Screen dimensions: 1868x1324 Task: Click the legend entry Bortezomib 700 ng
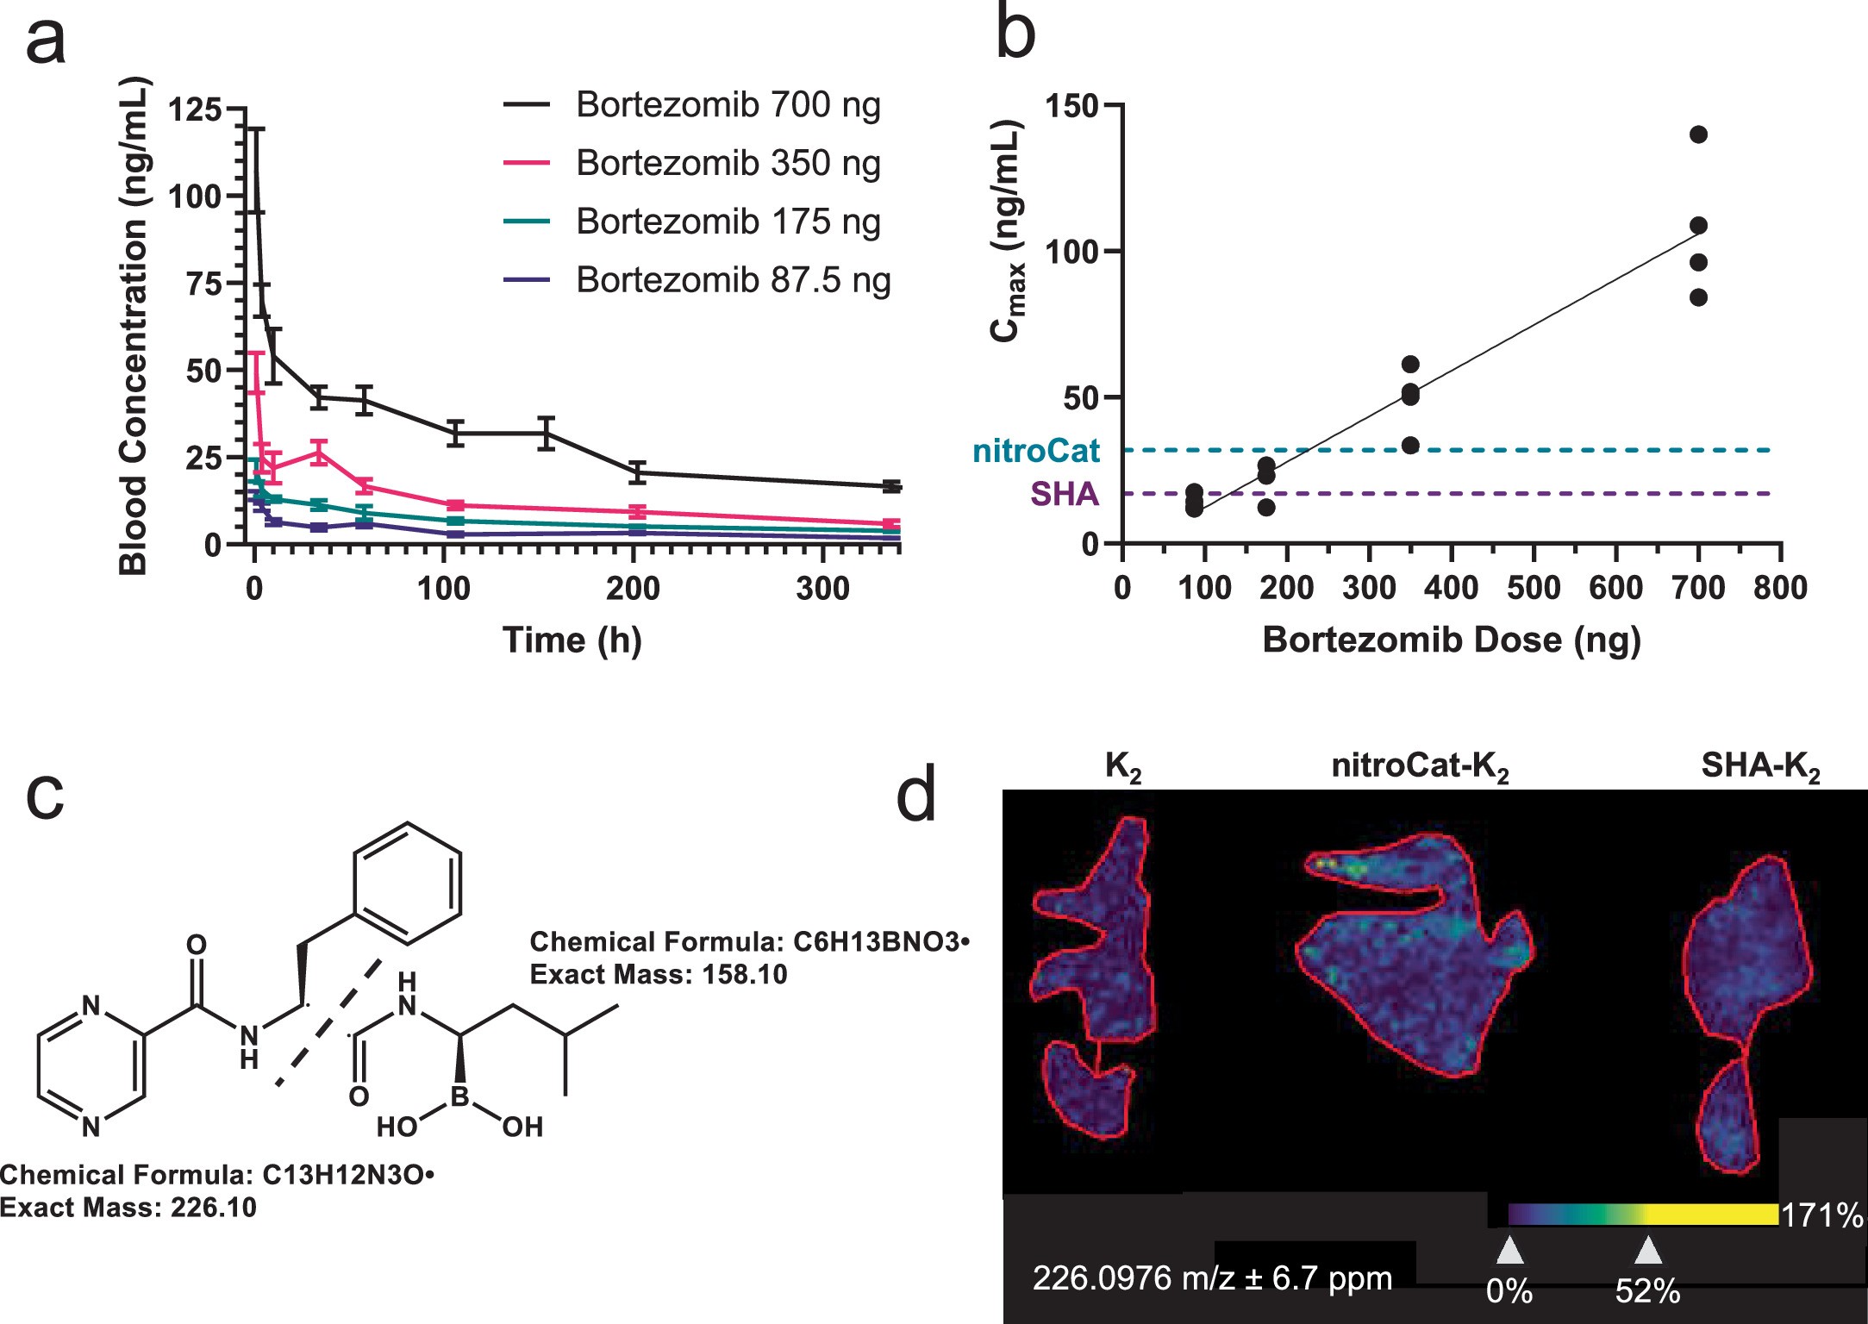pos(728,105)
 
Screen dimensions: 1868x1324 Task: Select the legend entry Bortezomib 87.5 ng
pos(733,280)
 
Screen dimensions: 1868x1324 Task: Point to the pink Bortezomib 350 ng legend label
pos(728,163)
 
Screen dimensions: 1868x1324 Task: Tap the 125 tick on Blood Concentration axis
pos(195,110)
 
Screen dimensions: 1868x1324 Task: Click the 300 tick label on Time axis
pos(823,589)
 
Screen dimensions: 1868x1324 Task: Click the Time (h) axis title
pos(572,640)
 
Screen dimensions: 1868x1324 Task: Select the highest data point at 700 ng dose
pos(1698,134)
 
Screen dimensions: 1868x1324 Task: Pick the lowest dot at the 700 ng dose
pos(1698,297)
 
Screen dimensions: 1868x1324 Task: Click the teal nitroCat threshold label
pos(1036,451)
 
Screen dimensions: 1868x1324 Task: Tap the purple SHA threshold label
pos(1065,494)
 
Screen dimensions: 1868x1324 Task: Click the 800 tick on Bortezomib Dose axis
pos(1780,589)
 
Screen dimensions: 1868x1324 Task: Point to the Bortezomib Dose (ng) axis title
pos(1452,640)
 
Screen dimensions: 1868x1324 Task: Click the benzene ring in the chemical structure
pos(407,883)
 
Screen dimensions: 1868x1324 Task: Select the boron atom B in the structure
pos(459,1096)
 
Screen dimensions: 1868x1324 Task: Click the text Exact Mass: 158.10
pos(659,975)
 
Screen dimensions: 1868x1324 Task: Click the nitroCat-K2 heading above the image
pos(1420,767)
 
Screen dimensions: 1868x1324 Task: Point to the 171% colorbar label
pos(1821,1215)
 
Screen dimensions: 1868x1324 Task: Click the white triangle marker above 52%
pos(1647,1250)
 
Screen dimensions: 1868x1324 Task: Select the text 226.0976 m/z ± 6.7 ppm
pos(1212,1278)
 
